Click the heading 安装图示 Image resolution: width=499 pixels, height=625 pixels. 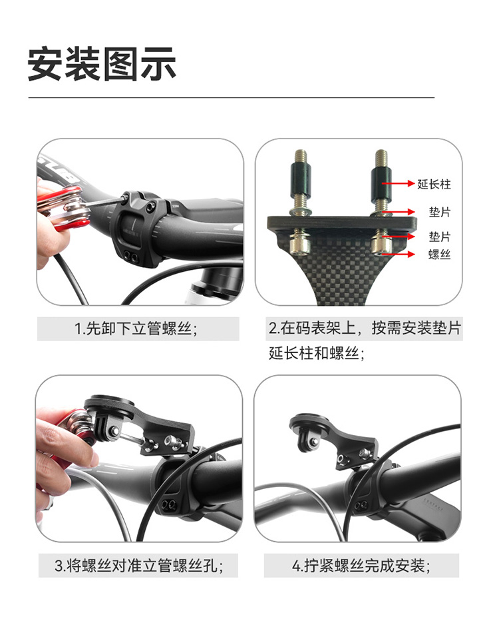pos(102,64)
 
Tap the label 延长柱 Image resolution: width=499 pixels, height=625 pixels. pos(434,184)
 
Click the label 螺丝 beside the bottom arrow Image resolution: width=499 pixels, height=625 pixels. pos(439,255)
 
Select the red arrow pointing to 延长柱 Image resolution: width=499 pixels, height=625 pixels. pos(398,183)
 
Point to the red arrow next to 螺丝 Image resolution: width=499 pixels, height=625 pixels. pos(398,254)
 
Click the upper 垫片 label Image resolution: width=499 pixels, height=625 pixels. pos(439,212)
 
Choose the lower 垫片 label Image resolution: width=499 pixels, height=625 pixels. pos(439,237)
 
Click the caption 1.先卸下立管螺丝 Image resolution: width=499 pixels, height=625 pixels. pos(136,329)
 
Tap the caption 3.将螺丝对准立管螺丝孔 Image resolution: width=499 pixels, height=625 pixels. pos(139,566)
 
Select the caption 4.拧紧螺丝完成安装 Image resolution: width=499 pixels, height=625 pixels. pos(361,566)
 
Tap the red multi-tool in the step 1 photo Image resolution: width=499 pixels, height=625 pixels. pos(64,208)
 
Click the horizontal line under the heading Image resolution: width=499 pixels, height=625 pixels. pos(231,97)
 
